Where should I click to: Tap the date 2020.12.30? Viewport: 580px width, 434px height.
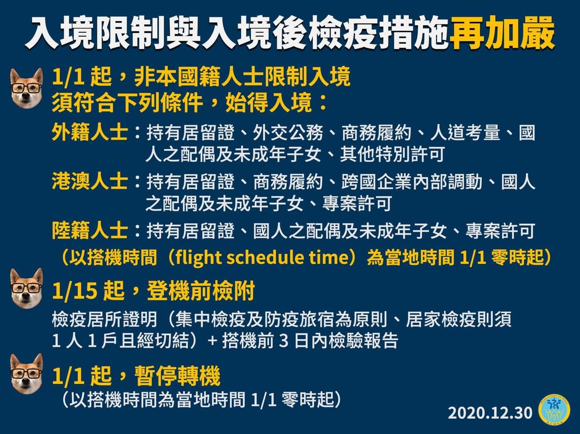coord(490,413)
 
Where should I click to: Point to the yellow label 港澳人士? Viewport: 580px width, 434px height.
coord(90,181)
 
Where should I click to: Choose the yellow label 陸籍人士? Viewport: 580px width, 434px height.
coord(90,230)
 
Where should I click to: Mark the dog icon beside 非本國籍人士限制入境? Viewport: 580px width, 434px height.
coord(26,88)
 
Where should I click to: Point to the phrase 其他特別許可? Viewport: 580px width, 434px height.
coord(392,154)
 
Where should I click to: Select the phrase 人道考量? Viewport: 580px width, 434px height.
coord(465,132)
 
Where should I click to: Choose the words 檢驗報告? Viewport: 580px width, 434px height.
coord(363,340)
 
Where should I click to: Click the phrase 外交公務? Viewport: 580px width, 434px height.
coord(288,132)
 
